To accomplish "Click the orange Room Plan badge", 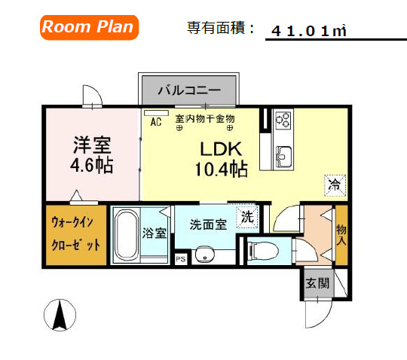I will [x=87, y=27].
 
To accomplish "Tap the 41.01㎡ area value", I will [x=309, y=30].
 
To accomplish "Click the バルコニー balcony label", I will [x=188, y=90].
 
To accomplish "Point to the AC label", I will [x=157, y=121].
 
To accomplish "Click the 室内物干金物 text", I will [x=205, y=119].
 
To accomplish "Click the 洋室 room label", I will [x=92, y=143].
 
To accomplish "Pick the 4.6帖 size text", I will [x=92, y=164].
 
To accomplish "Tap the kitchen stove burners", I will [x=283, y=120].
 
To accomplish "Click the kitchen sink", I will [x=284, y=157].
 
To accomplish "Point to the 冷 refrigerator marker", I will [x=334, y=183].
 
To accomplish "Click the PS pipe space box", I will [x=180, y=258].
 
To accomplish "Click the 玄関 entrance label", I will [x=317, y=283].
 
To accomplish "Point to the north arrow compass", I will [x=57, y=316].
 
